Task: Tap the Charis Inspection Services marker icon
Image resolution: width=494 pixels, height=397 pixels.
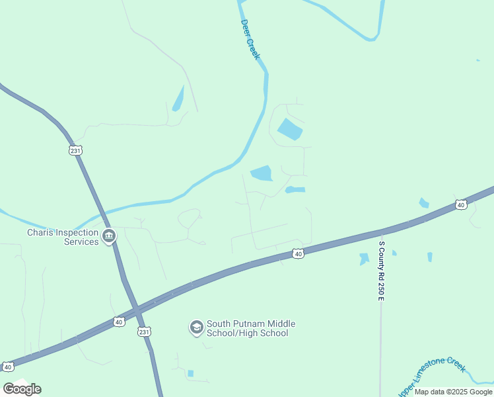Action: [109, 236]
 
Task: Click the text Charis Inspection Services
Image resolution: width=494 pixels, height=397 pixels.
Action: [63, 237]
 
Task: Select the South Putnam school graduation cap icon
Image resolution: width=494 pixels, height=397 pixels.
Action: [196, 328]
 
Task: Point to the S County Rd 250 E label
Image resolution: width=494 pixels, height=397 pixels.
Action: [381, 271]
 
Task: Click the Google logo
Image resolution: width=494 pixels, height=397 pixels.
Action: [22, 388]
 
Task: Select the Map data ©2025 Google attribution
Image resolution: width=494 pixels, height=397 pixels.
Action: [454, 392]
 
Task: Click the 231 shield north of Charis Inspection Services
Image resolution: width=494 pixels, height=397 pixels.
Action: [75, 150]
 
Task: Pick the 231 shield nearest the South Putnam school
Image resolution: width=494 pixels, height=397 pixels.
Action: [145, 331]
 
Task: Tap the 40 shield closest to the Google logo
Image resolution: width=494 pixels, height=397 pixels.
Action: [8, 366]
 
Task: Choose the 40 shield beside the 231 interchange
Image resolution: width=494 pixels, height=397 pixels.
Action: [118, 322]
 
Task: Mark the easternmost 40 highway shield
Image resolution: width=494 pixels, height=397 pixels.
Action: [460, 205]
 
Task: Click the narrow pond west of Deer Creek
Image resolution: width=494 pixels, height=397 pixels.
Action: [178, 99]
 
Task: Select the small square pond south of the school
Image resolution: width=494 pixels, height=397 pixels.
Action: [190, 373]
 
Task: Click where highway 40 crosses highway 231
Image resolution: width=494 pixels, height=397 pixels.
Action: [135, 308]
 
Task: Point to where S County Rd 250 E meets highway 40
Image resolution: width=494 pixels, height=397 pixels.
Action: [381, 232]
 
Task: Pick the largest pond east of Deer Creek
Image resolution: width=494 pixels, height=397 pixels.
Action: [289, 129]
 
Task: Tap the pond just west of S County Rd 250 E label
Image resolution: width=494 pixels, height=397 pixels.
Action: [363, 259]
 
